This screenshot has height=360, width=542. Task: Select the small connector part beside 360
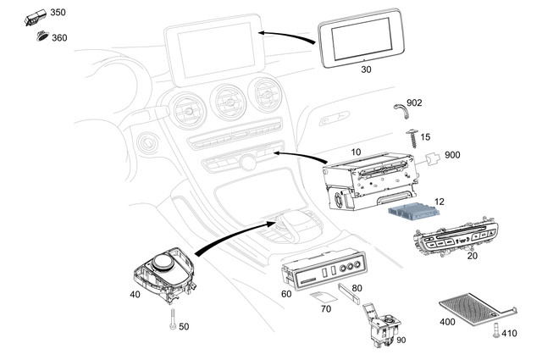pyautogui.click(x=40, y=35)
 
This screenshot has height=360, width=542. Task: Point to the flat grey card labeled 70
pyautogui.click(x=319, y=297)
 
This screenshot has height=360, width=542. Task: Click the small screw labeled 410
pyautogui.click(x=497, y=331)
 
